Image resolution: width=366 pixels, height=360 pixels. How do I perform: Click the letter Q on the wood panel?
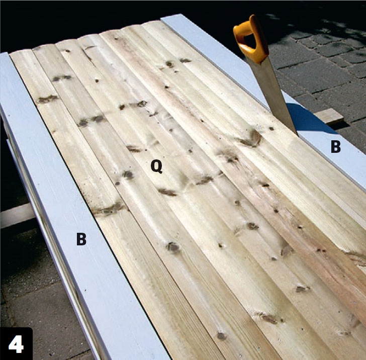click(156, 166)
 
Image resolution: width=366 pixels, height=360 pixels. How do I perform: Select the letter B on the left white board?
click(81, 239)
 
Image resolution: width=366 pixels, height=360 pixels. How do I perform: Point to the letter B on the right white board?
click(336, 147)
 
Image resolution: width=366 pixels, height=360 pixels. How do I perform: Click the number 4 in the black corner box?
click(16, 344)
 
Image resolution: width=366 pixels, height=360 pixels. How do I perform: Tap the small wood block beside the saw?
click(329, 117)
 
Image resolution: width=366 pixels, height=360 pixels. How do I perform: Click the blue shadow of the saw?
click(308, 119)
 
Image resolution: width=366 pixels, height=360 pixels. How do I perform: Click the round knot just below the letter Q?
click(128, 174)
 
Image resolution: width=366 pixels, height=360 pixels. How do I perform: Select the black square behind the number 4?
click(16, 343)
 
